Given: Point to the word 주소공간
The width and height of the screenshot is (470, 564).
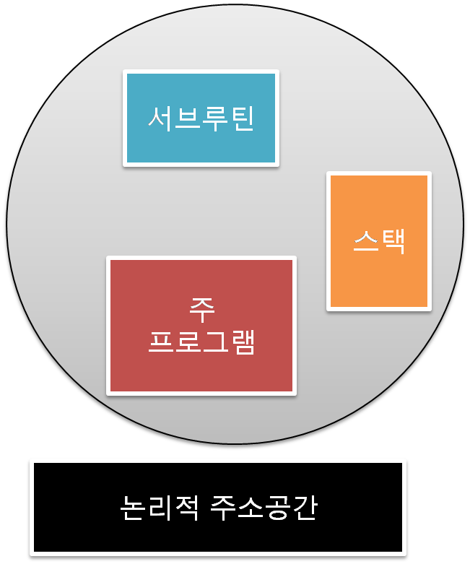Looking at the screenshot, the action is pos(264,508).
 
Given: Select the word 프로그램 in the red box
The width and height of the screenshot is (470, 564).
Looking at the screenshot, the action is pos(201,342).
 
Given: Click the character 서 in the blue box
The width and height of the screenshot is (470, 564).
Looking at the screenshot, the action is pos(161,118).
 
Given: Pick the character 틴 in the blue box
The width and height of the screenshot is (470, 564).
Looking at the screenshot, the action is pos(241,118).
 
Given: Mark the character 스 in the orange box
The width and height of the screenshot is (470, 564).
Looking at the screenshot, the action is pos(366,241).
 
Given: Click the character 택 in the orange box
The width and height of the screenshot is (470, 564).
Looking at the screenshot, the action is pos(392,241).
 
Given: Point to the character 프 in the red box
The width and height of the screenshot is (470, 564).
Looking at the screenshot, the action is pos(161,342).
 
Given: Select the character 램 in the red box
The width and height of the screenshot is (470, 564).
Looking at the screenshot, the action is pos(243,342).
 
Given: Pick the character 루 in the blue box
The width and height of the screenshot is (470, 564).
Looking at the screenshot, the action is pos(214,118).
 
